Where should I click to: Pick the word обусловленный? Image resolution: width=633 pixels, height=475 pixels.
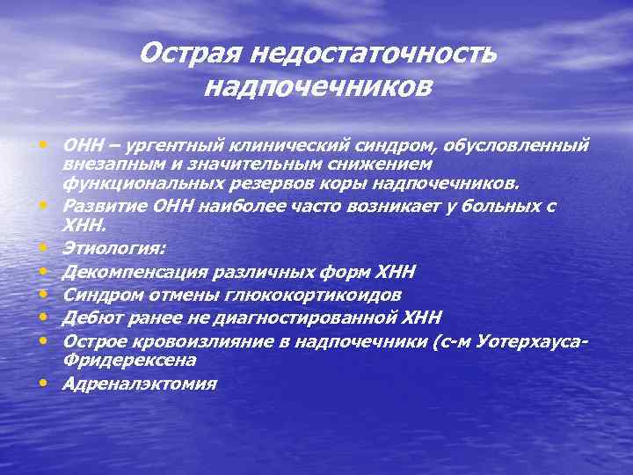[517, 143]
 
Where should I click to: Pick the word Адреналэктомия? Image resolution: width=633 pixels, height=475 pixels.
[139, 384]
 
